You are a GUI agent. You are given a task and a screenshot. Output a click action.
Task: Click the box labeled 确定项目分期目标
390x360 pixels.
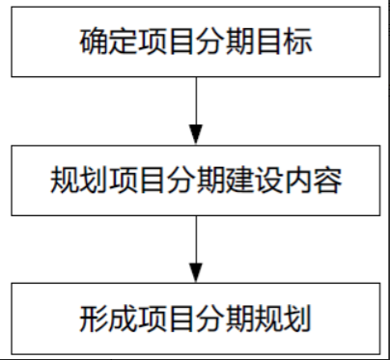click(195, 43)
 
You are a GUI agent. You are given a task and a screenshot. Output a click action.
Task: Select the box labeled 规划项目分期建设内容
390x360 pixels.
click(195, 180)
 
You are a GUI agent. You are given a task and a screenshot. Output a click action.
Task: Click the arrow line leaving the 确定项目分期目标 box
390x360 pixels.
click(195, 101)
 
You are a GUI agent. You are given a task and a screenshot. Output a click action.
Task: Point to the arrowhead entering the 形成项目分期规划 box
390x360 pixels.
click(195, 273)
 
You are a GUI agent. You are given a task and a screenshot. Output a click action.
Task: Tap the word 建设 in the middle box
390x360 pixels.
click(254, 180)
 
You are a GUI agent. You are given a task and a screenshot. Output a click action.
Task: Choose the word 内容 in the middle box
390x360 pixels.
click(312, 180)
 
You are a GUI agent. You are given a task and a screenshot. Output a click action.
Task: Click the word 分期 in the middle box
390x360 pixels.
click(195, 180)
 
